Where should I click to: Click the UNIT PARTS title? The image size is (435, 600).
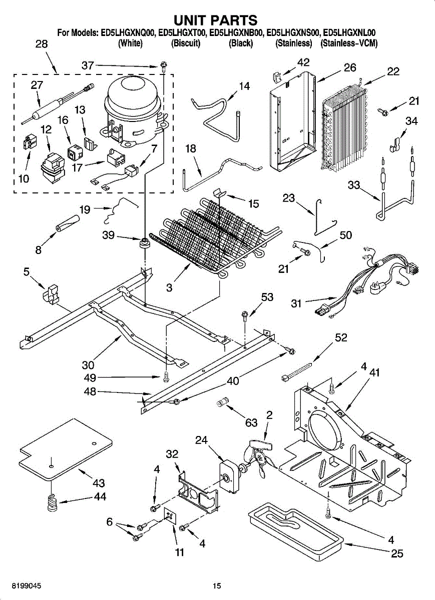[x=216, y=20]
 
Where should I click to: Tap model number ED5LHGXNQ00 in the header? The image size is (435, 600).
[x=127, y=33]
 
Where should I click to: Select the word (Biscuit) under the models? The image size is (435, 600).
[x=186, y=43]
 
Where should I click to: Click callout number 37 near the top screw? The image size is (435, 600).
[x=88, y=65]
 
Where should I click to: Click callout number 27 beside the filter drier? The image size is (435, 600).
[x=37, y=85]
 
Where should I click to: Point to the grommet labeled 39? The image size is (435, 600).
[x=144, y=242]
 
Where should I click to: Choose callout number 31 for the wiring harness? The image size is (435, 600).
[x=296, y=303]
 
